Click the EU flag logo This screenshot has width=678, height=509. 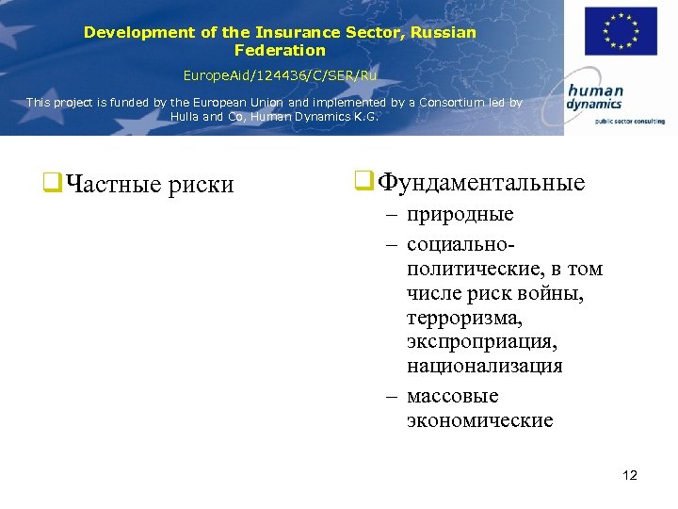pyautogui.click(x=621, y=32)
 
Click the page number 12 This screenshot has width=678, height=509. pyautogui.click(x=630, y=475)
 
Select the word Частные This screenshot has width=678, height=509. pyautogui.click(x=115, y=185)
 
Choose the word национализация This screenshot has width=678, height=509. pyautogui.click(x=484, y=366)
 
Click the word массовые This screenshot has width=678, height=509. pyautogui.click(x=453, y=396)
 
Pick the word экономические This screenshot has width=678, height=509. pyautogui.click(x=480, y=420)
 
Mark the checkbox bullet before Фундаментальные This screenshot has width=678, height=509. pyautogui.click(x=361, y=181)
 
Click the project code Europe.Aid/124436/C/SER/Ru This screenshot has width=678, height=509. pyautogui.click(x=280, y=74)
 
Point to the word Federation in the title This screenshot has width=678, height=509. pyautogui.click(x=280, y=50)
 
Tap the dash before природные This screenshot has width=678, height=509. pyautogui.click(x=390, y=216)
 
